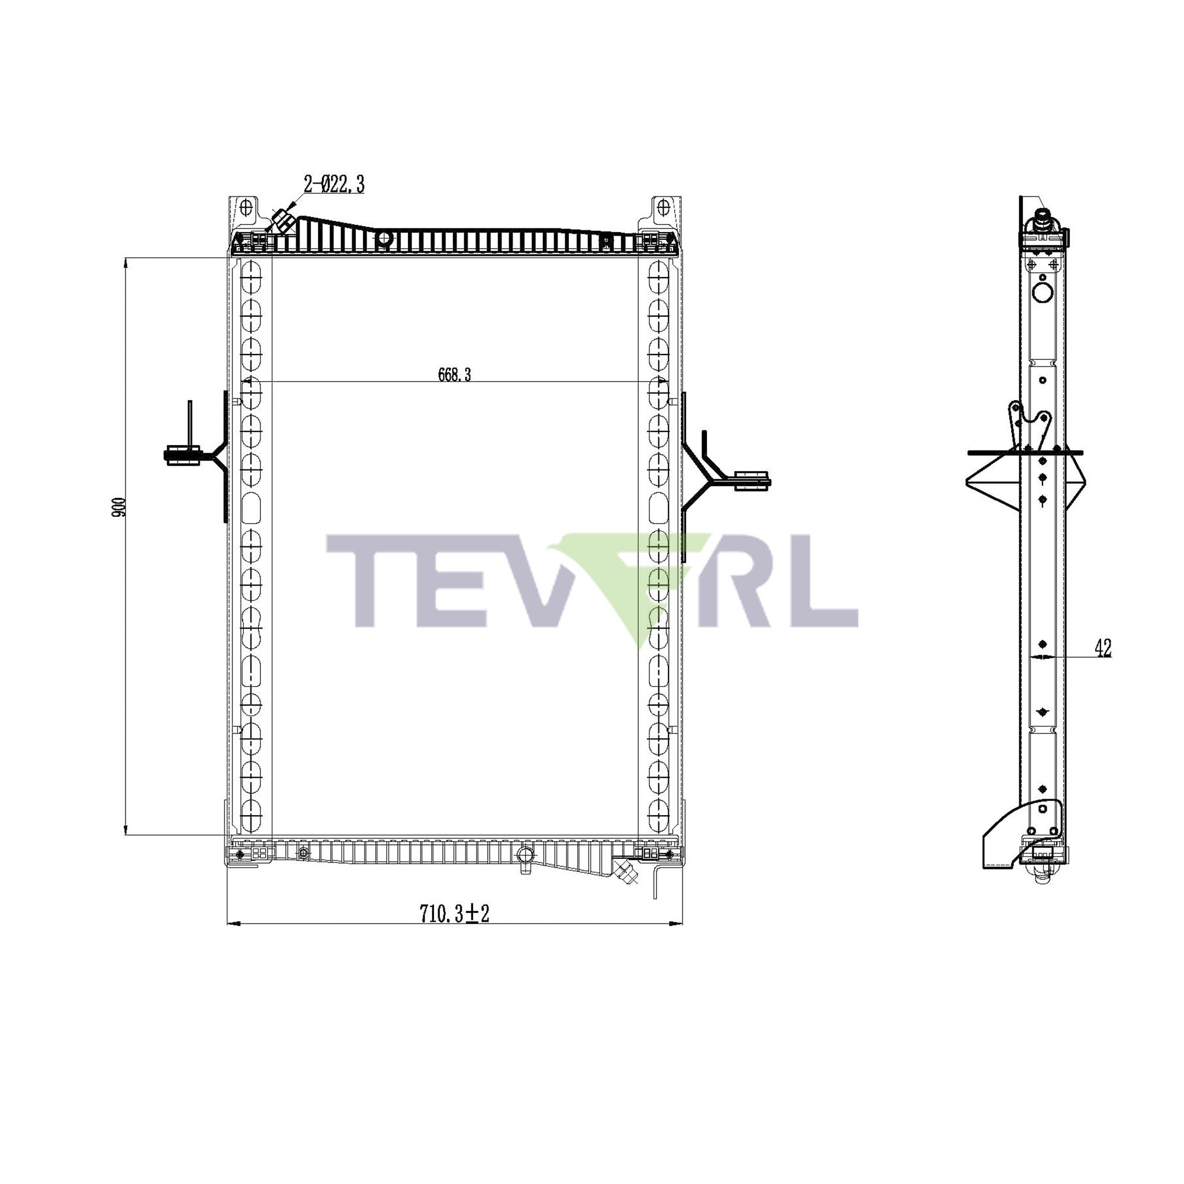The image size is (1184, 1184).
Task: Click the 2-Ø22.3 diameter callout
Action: click(x=334, y=184)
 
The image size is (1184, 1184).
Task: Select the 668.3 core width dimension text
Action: click(x=454, y=375)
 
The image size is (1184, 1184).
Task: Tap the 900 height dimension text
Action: click(x=119, y=507)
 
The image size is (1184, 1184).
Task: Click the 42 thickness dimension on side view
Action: click(x=1103, y=648)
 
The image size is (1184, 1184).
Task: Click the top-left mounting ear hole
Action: click(x=246, y=208)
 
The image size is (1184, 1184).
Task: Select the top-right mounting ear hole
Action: click(x=662, y=208)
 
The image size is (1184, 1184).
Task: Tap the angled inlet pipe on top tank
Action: click(x=283, y=221)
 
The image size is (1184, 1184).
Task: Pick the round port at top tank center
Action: click(x=384, y=238)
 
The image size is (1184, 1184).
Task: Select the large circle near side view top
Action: click(x=1043, y=292)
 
